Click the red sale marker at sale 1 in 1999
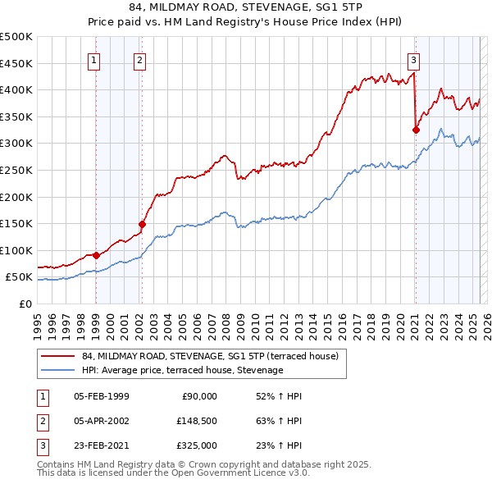[96, 255]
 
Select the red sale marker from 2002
[142, 223]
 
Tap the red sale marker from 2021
[416, 129]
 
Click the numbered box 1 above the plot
[95, 59]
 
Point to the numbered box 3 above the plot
[414, 59]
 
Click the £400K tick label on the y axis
[16, 90]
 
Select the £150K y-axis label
[16, 224]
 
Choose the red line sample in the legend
[57, 355]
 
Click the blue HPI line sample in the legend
[57, 370]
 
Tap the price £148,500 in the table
[197, 421]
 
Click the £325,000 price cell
[197, 445]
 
